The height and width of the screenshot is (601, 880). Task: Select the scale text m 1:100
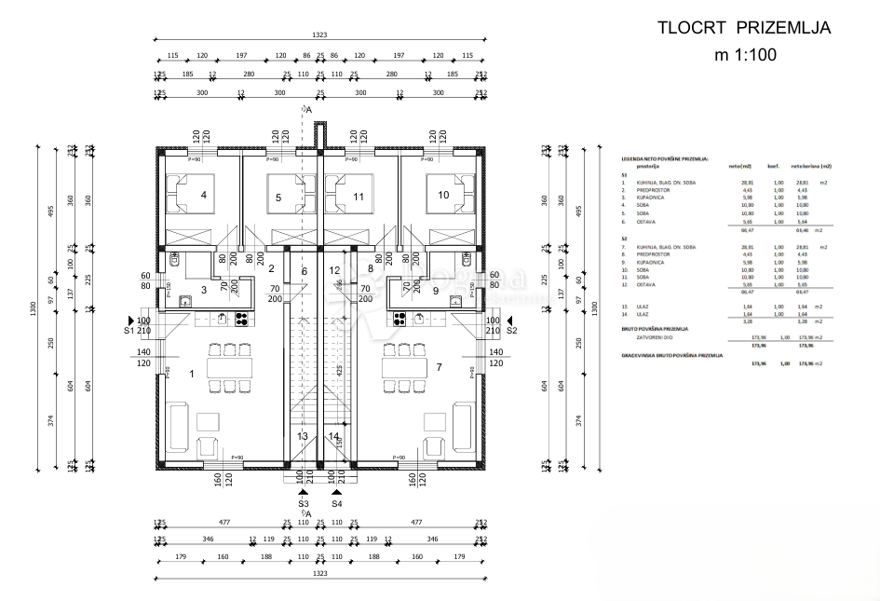744,55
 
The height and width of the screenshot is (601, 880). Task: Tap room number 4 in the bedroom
203,195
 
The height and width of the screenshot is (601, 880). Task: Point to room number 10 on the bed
442,195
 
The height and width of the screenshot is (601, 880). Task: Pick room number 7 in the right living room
438,366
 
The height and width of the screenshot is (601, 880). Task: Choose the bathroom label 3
204,291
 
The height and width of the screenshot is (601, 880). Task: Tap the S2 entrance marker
511,330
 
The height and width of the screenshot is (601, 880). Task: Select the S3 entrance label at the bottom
304,504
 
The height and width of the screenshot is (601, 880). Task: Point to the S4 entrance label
336,504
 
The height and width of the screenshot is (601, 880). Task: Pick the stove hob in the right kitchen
400,319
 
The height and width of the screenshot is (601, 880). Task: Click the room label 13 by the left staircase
303,436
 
